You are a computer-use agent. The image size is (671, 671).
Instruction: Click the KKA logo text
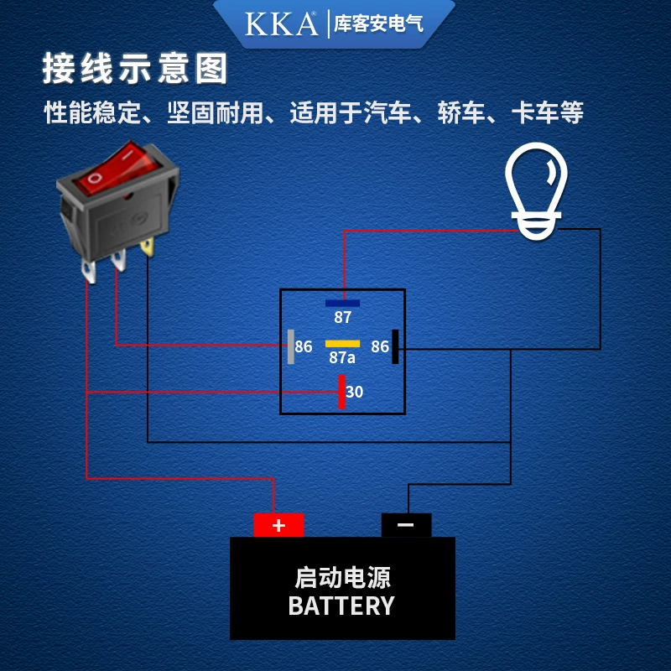click(x=281, y=24)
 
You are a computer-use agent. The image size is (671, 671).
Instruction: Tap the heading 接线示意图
click(x=135, y=69)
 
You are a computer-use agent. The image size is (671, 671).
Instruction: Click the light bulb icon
click(x=536, y=191)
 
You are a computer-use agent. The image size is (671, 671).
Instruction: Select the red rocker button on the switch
click(x=117, y=169)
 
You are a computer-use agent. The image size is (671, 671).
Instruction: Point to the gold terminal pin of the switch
click(x=148, y=247)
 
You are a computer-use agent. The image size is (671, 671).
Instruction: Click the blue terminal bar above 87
click(x=342, y=304)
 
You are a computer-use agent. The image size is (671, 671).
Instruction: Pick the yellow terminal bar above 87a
click(x=342, y=344)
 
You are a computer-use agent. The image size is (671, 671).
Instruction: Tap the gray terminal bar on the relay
click(x=291, y=346)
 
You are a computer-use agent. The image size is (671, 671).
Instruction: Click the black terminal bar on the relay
click(x=395, y=346)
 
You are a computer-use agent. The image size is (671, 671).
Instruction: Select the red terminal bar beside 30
click(x=342, y=392)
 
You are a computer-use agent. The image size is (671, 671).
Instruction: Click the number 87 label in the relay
click(x=343, y=318)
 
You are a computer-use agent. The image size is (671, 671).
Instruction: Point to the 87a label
click(x=342, y=358)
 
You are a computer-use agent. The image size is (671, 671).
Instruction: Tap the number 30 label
click(x=354, y=392)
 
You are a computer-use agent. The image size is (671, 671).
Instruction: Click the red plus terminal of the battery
click(x=278, y=525)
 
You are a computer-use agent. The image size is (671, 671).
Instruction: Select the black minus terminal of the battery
click(x=406, y=525)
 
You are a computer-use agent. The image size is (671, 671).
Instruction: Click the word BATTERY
click(x=341, y=606)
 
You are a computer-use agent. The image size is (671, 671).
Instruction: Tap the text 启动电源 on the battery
click(x=342, y=578)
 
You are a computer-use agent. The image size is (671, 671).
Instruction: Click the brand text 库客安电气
click(x=379, y=23)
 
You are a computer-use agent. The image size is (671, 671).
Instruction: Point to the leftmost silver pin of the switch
click(x=89, y=272)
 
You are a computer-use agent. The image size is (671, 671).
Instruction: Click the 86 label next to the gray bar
click(x=304, y=346)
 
